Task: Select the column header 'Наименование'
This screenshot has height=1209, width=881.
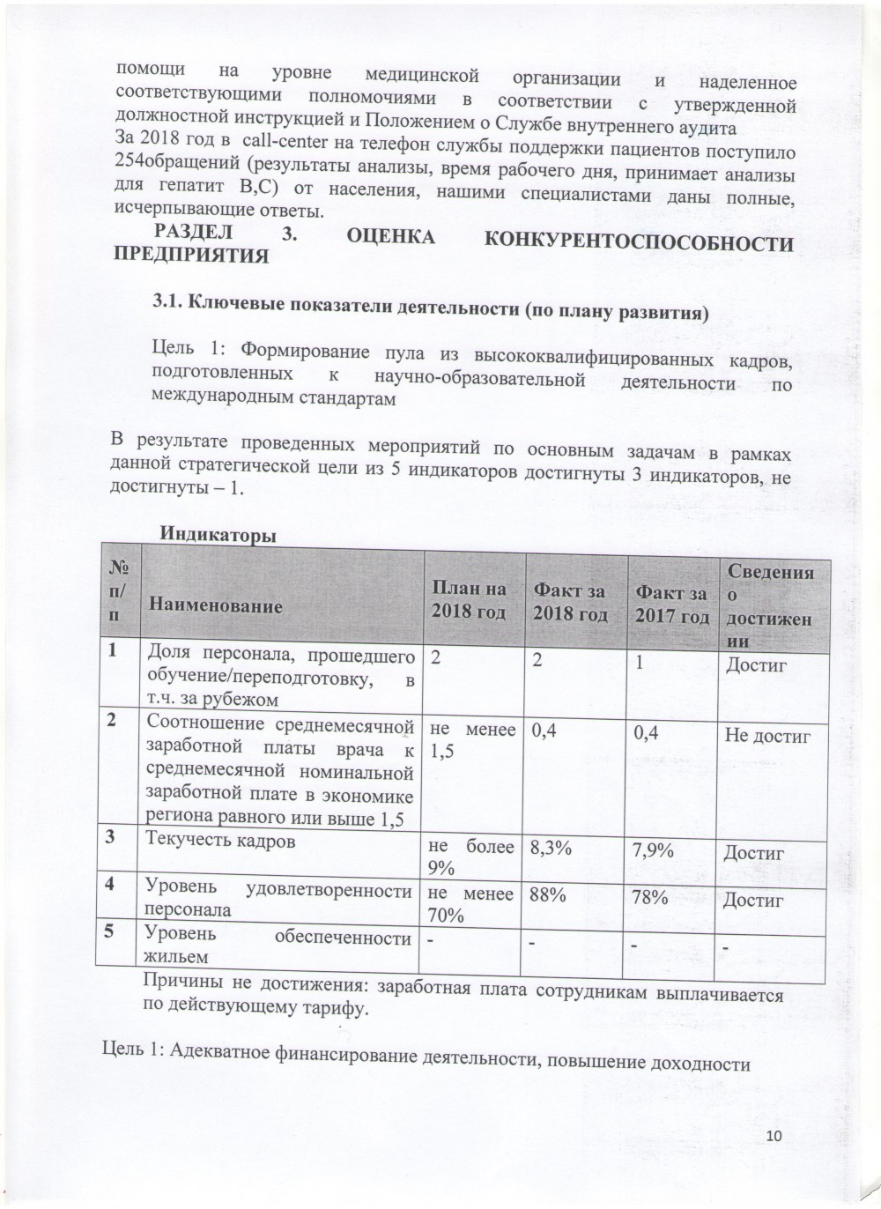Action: (216, 606)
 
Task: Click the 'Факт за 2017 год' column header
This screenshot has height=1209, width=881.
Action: (673, 604)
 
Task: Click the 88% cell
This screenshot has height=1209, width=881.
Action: (548, 894)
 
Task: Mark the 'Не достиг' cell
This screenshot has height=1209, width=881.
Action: (766, 735)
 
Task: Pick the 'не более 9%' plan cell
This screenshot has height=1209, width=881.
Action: (470, 857)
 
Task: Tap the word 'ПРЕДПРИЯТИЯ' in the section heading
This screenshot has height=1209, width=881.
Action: (191, 256)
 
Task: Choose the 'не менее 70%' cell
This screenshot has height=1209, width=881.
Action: (470, 903)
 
